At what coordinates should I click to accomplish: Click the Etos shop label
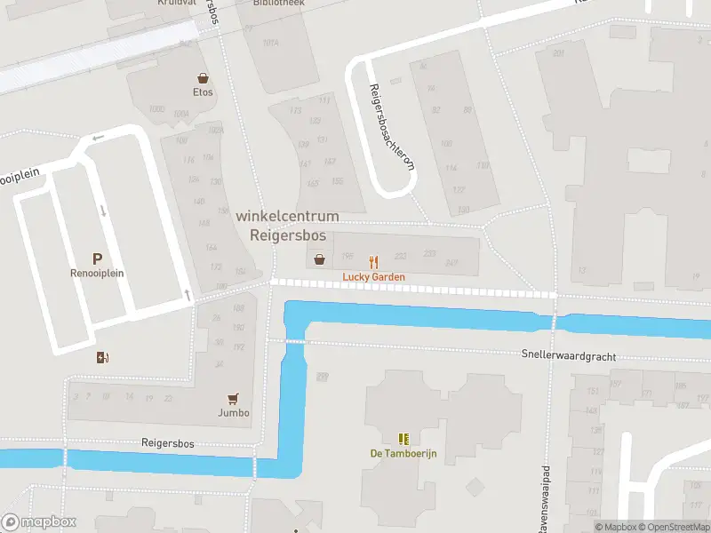point(203,91)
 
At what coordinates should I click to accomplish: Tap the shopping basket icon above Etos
point(203,77)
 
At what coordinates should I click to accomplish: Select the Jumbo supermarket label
point(234,412)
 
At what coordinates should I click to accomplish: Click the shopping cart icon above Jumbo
point(234,398)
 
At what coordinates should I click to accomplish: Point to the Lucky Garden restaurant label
point(374,277)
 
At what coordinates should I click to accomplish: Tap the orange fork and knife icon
point(374,262)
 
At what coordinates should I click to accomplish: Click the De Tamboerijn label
point(404,453)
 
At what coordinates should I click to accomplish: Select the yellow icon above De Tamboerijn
point(404,439)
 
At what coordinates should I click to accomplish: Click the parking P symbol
point(97,259)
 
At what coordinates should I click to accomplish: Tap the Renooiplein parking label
point(97,274)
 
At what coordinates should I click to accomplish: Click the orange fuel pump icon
point(103,357)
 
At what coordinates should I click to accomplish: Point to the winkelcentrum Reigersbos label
point(287,227)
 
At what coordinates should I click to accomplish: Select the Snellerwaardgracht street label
point(569,355)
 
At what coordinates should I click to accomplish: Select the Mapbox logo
point(38,522)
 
